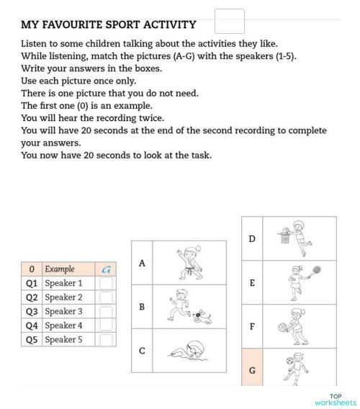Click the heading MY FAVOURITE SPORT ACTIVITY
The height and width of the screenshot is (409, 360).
pos(109,25)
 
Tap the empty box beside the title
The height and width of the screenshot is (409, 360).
pos(230,21)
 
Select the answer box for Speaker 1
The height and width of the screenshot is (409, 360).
pos(106,284)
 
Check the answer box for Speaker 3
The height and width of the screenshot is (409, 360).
pos(106,312)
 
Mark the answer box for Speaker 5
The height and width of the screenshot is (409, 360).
pos(106,340)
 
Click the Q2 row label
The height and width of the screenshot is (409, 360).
pos(31,297)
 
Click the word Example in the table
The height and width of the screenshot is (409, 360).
pos(60,269)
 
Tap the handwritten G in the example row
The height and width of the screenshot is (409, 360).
pos(106,269)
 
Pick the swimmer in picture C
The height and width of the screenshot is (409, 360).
pos(189,352)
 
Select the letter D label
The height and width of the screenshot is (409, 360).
pos(251,238)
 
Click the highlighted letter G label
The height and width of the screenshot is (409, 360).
pos(251,370)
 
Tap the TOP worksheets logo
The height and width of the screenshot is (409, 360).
pos(335,400)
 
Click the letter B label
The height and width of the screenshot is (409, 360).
pos(142,307)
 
